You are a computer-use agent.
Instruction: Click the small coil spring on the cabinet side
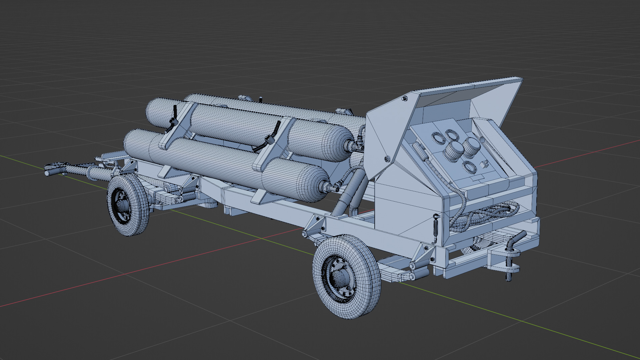pyautogui.click(x=435, y=229)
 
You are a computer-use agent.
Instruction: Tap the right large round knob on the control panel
pyautogui.click(x=471, y=147)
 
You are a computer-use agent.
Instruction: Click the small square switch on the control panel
pyautogui.click(x=484, y=164)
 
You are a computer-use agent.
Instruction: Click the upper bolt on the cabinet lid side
pyautogui.click(x=405, y=99)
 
